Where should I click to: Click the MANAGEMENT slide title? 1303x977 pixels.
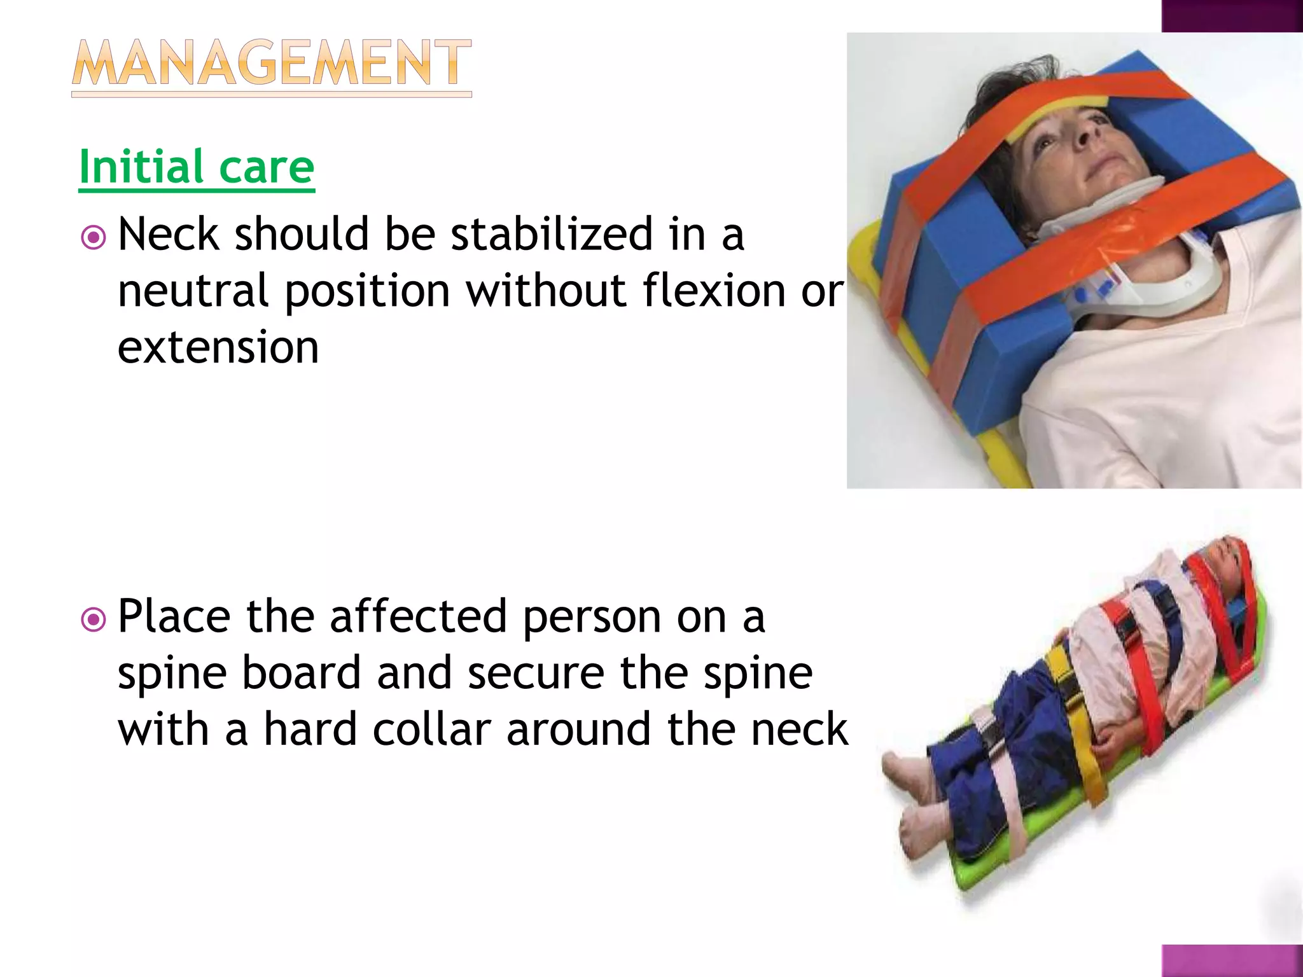point(272,64)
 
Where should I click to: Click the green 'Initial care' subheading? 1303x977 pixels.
point(197,167)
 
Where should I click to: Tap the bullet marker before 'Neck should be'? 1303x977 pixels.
point(94,238)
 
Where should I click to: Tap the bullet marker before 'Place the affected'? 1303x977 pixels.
point(94,620)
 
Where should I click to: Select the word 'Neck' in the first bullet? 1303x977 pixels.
point(169,234)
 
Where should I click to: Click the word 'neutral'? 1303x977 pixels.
point(193,291)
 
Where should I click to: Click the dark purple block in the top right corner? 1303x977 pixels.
point(1232,15)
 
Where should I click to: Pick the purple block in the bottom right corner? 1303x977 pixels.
point(1232,960)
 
